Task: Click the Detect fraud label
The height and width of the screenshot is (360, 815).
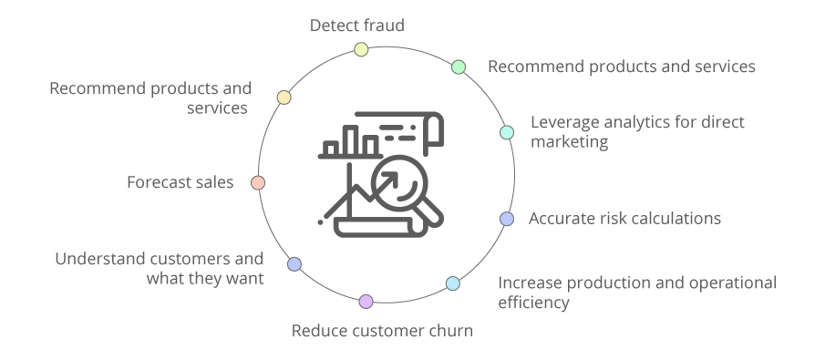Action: pos(356,26)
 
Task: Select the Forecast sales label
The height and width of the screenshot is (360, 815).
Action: pos(181,182)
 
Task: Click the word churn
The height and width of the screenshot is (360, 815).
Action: pos(449,330)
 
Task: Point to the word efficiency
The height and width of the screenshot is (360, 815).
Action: pos(533,302)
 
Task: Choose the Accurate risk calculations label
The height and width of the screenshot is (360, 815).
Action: pos(624,218)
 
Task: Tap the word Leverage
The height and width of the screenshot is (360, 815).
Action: pos(565,122)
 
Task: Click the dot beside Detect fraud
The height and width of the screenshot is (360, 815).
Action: pos(361,49)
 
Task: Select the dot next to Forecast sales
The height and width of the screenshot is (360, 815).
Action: pos(258,182)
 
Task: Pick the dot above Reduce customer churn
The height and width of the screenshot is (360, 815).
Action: pos(366,301)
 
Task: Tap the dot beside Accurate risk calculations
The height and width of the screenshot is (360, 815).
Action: pos(507,219)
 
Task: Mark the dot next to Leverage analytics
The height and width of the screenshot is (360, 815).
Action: pos(507,133)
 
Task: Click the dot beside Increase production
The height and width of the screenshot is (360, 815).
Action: pos(453,283)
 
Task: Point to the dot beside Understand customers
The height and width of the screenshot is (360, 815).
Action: pos(294,264)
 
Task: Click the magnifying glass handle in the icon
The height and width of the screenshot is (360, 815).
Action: pos(429,211)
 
